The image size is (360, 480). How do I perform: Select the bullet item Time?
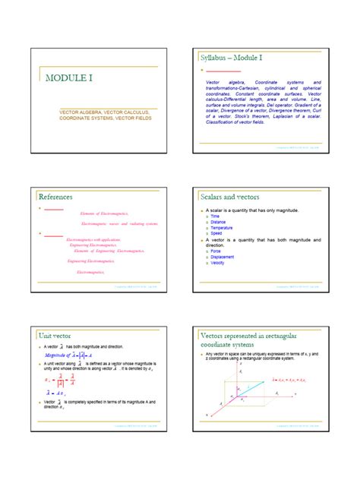point(214,216)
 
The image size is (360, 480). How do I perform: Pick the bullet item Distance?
point(218,223)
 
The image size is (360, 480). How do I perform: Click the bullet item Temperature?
point(222,228)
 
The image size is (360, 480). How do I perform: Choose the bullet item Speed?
point(216,233)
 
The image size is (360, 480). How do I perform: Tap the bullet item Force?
point(215,251)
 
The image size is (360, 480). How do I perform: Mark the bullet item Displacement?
point(223,257)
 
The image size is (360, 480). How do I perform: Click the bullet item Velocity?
point(219,263)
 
